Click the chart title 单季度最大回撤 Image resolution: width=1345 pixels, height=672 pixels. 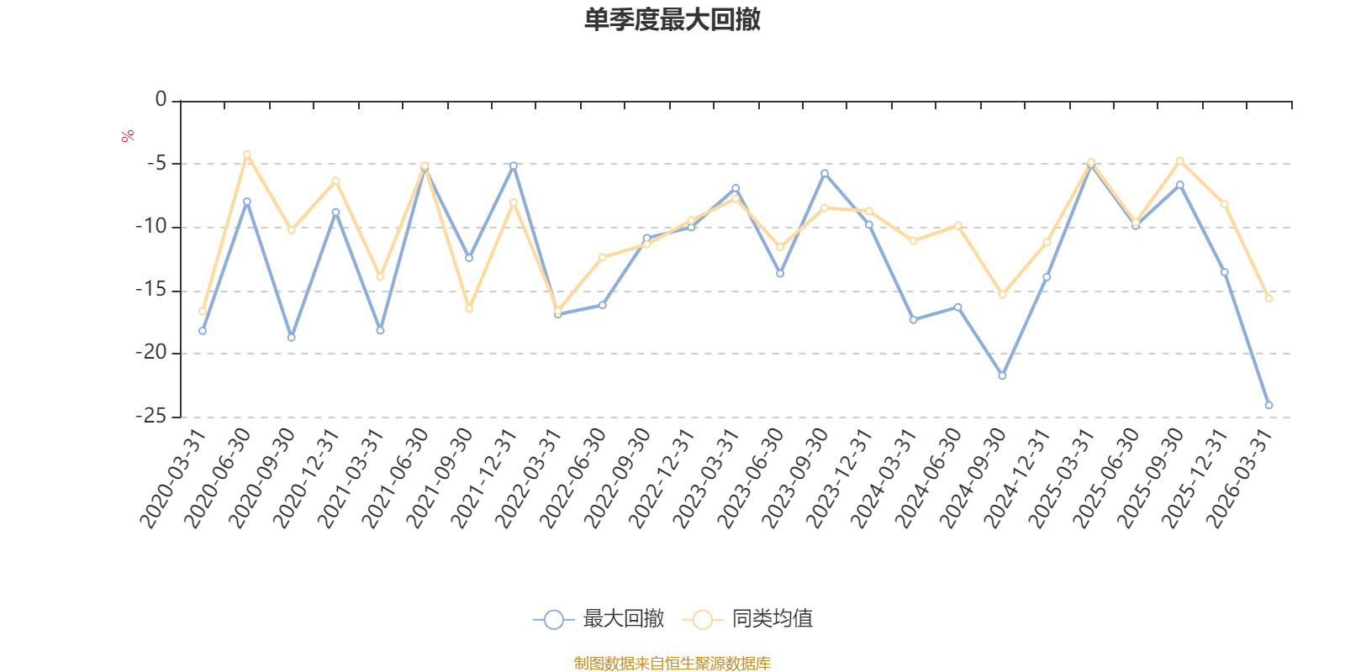pos(672,20)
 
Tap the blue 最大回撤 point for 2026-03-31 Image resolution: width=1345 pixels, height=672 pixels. pos(1269,405)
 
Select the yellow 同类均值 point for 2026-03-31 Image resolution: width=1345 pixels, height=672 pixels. pos(1269,298)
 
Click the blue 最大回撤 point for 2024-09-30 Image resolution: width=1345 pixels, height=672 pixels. pos(1002,375)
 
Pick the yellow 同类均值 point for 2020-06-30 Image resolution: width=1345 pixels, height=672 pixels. pos(247,154)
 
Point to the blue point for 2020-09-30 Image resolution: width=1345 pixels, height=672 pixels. pos(292,337)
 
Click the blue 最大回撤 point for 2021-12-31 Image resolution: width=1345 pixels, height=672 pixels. pos(514,165)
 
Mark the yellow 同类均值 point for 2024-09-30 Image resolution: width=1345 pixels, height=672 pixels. pos(1002,294)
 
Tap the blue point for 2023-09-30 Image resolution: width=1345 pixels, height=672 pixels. pos(825,173)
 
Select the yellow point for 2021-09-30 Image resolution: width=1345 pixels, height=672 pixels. pos(469,308)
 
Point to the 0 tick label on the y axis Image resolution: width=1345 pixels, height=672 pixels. pos(161,100)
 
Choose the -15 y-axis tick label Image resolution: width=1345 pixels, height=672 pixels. pos(151,290)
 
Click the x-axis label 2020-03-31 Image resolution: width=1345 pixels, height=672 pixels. pos(173,479)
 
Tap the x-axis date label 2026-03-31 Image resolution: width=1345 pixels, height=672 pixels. pos(1240,479)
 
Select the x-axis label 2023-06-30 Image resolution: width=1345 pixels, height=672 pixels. pos(752,479)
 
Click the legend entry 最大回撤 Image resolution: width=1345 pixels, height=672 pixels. pos(599,620)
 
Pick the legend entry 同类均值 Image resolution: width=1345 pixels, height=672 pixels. pos(747,620)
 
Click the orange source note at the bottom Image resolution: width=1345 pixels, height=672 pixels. pos(672,664)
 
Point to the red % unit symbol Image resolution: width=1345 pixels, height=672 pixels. pos(128,136)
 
